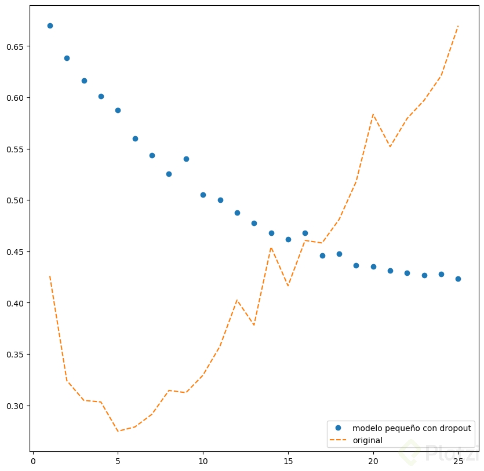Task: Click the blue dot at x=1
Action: [50, 25]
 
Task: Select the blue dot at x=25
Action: [458, 279]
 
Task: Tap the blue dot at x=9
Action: [186, 159]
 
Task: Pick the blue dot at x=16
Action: [305, 233]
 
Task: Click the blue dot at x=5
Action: [118, 110]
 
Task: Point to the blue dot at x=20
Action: [373, 266]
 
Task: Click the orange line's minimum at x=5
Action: [118, 431]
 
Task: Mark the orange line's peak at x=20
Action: [373, 114]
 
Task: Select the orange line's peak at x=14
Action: [271, 248]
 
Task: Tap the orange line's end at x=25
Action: [458, 26]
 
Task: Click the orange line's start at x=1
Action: [50, 276]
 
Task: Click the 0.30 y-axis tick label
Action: [17, 406]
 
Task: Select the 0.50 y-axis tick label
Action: [17, 200]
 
